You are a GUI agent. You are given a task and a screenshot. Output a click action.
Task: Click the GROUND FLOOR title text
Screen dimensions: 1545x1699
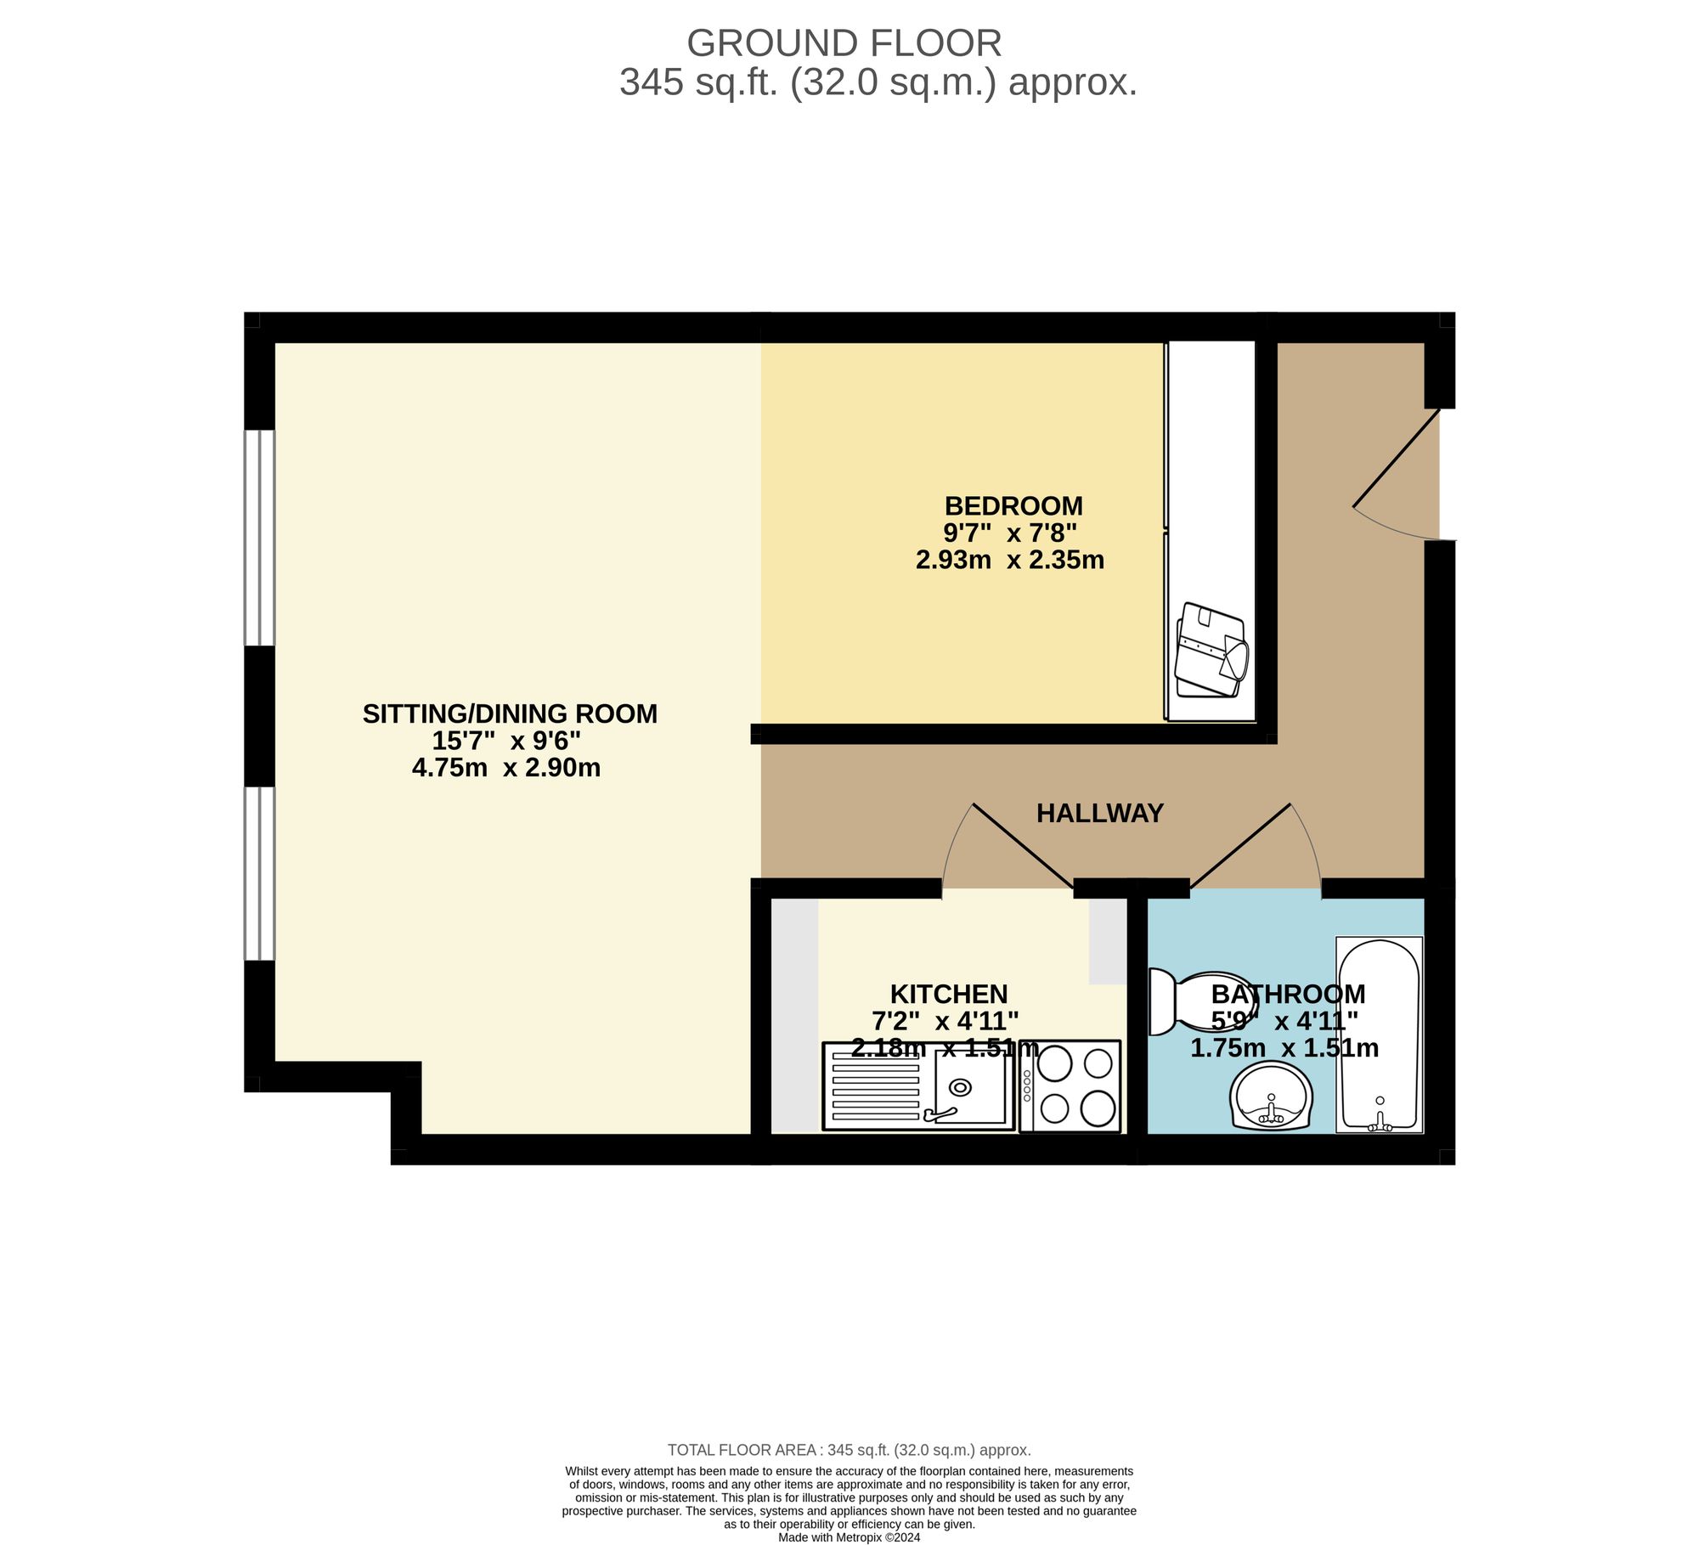(x=844, y=43)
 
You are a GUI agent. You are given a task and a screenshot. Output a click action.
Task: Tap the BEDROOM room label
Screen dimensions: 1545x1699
(x=1013, y=506)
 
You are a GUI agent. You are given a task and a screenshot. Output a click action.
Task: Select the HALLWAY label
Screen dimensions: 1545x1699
(x=1099, y=814)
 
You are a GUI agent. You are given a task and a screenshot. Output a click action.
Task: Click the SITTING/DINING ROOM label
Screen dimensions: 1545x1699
(x=510, y=713)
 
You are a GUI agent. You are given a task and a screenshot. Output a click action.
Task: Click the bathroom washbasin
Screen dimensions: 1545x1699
(x=1271, y=1097)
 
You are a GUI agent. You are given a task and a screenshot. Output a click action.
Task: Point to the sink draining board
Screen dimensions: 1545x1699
(x=875, y=1086)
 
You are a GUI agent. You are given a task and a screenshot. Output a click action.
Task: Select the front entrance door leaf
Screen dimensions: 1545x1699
(x=1396, y=460)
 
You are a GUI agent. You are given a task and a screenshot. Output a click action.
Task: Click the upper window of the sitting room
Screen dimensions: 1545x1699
(x=259, y=538)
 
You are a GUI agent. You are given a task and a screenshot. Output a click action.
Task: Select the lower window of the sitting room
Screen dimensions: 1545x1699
(x=259, y=873)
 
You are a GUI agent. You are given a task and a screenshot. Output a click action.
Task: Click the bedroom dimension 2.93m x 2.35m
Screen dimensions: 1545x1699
(x=1009, y=561)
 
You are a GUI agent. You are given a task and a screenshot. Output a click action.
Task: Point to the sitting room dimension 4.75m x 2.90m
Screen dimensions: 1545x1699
(x=506, y=769)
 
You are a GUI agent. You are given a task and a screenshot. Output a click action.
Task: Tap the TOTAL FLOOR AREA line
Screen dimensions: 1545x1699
(x=849, y=1450)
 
